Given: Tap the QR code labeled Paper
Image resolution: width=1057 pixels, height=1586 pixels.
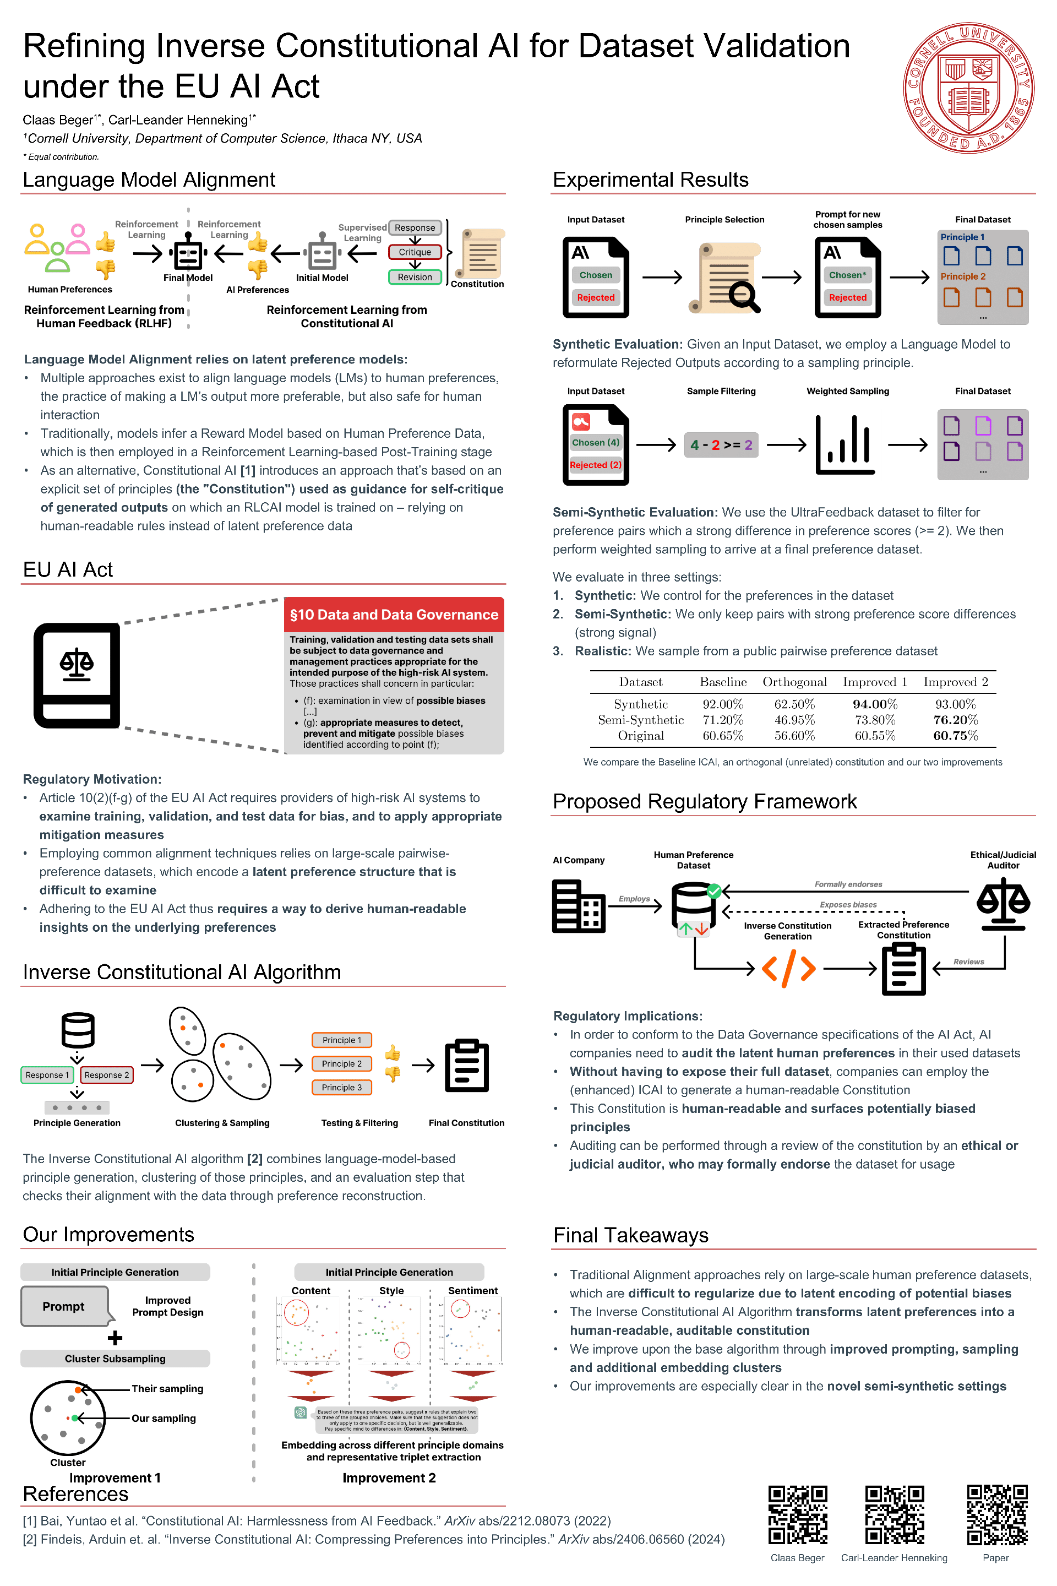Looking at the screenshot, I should pyautogui.click(x=996, y=1514).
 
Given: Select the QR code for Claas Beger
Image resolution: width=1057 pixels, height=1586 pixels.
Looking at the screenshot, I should pyautogui.click(x=798, y=1514).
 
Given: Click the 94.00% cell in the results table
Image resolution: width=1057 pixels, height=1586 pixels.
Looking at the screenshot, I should pyautogui.click(x=874, y=704).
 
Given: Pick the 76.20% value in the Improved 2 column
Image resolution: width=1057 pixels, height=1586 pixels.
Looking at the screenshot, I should pyautogui.click(x=955, y=720).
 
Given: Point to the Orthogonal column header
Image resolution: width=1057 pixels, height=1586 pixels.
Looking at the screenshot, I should pyautogui.click(x=794, y=682).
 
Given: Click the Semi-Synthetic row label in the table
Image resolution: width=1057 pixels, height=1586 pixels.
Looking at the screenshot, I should pyautogui.click(x=640, y=720).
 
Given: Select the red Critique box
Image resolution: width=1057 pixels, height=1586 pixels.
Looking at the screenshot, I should pyautogui.click(x=415, y=252).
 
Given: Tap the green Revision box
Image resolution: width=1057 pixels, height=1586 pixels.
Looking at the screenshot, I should pyautogui.click(x=415, y=277).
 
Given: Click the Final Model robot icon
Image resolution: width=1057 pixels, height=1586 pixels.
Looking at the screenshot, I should pyautogui.click(x=188, y=252).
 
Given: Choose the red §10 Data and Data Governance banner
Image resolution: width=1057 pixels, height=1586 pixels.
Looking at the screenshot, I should pyautogui.click(x=394, y=615).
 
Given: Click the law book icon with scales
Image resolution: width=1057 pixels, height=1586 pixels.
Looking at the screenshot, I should pyautogui.click(x=77, y=675).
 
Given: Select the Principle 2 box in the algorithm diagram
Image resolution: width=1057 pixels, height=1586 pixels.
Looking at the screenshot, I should pyautogui.click(x=342, y=1063).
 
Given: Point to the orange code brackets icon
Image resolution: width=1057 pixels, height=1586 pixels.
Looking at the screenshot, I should pyautogui.click(x=788, y=969).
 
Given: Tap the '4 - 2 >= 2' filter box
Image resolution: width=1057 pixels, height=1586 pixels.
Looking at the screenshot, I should pyautogui.click(x=721, y=445).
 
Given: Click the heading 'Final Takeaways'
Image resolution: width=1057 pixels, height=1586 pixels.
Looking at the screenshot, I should pyautogui.click(x=630, y=1235).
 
